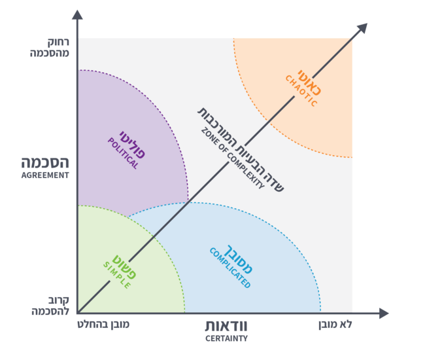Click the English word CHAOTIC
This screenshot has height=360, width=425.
(x=301, y=92)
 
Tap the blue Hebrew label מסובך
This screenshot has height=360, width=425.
(x=240, y=261)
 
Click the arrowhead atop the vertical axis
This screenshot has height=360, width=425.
(x=77, y=14)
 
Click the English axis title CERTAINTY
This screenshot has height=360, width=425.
(x=226, y=339)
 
